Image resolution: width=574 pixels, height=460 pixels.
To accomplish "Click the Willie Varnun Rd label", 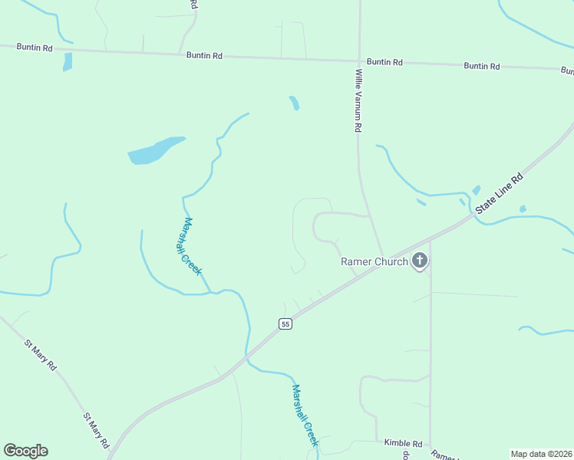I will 358,101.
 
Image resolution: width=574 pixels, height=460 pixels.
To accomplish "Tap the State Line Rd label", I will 499,192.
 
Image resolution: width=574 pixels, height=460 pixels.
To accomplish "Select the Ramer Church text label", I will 374,261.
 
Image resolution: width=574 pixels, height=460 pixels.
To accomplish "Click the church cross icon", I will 419,261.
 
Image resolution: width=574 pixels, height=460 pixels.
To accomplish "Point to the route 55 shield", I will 285,324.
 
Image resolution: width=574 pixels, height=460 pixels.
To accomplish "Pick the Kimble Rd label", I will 403,444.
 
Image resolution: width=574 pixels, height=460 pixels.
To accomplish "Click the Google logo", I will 25,451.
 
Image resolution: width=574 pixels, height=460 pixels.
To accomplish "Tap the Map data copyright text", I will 541,453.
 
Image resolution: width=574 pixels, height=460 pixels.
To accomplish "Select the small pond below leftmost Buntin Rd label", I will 68,62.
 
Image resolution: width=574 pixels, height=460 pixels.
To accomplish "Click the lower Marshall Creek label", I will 305,415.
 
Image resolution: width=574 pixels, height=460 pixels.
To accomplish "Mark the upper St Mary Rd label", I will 41,356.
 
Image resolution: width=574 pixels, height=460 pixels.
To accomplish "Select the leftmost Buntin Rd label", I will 36,48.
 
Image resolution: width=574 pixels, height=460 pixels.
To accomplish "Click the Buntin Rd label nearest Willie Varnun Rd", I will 384,62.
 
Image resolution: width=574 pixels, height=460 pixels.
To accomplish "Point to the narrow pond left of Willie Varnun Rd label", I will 294,103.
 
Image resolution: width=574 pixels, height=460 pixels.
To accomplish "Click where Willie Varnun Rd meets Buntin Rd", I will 360,61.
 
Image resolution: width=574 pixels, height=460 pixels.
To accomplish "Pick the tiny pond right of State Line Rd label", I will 523,209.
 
